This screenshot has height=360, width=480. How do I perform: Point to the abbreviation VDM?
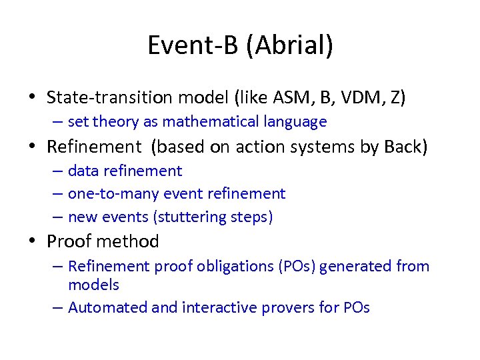(357, 97)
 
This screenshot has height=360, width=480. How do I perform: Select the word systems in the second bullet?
(327, 147)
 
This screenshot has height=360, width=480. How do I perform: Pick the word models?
(93, 285)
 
